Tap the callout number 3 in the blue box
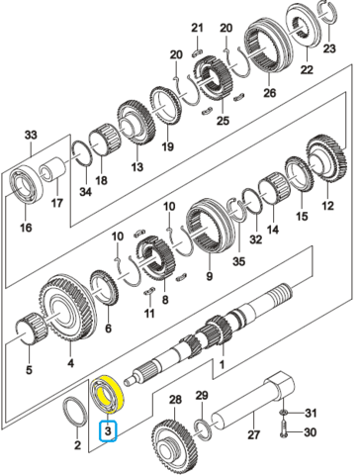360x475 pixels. pos(109,430)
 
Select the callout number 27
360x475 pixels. pos(253,434)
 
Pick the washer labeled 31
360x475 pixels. pos(283,413)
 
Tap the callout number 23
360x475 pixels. pos(329,48)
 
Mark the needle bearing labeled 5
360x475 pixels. pos(32,329)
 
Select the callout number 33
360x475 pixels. pos(31,135)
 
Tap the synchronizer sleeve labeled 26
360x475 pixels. pos(269,51)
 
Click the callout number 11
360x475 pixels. pos(149,313)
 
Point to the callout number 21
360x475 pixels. pos(197,28)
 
